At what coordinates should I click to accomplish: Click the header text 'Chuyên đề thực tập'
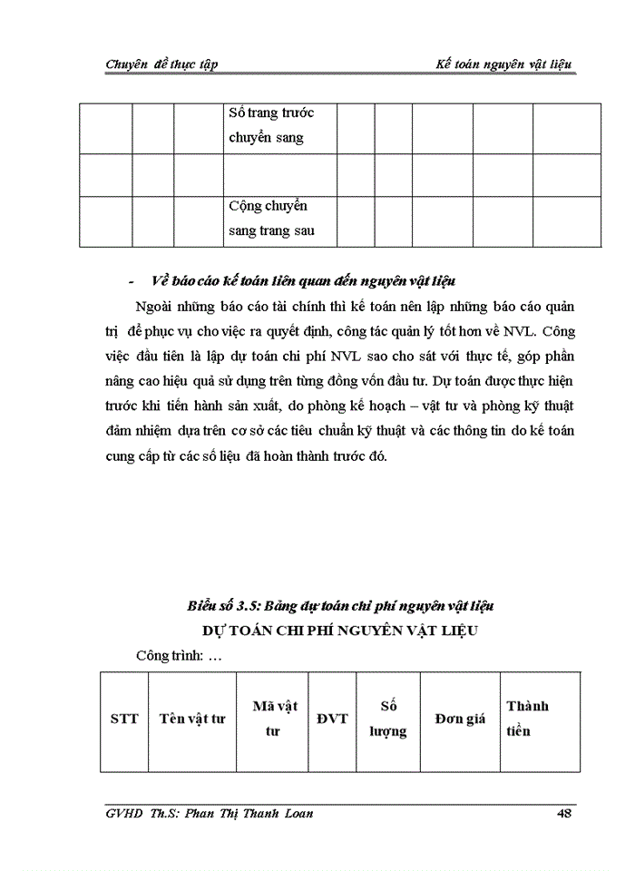pos(161,64)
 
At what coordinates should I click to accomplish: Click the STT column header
pos(124,719)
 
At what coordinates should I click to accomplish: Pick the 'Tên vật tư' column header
pos(191,719)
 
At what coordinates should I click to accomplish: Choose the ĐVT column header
pos(332,719)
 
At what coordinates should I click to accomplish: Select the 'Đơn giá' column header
pos(460,719)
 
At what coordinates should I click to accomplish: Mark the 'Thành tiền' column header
pos(527,719)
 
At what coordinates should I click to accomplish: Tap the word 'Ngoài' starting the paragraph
pos(154,305)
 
